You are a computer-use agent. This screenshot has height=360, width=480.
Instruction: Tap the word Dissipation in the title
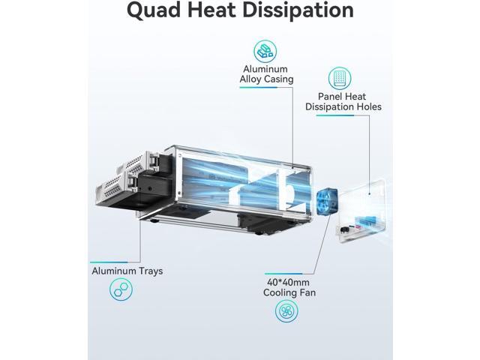(298, 9)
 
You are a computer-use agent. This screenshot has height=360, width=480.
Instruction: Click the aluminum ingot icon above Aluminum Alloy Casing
(265, 52)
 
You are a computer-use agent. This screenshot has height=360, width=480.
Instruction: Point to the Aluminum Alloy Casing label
(267, 74)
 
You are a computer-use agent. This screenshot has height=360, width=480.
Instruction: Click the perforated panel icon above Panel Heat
(340, 78)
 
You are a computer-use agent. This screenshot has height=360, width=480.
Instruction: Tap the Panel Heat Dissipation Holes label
(343, 102)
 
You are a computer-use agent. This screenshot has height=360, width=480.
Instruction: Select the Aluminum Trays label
(127, 271)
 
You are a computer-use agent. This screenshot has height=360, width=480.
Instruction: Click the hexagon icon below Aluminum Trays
(121, 289)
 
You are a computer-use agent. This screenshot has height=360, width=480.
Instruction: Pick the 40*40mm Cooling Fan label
(289, 287)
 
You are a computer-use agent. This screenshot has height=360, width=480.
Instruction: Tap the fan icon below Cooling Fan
(286, 311)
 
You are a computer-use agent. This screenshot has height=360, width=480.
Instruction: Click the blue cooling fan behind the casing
(327, 202)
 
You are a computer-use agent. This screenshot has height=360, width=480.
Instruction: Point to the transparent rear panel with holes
(362, 211)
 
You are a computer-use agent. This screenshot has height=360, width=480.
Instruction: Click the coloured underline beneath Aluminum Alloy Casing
(258, 88)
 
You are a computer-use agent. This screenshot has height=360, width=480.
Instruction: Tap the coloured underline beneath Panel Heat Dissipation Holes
(335, 115)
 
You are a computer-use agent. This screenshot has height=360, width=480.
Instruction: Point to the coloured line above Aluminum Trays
(109, 262)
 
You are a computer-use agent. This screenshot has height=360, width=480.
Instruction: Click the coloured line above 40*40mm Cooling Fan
(283, 274)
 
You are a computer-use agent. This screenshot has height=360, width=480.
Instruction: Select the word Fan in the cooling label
(307, 292)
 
